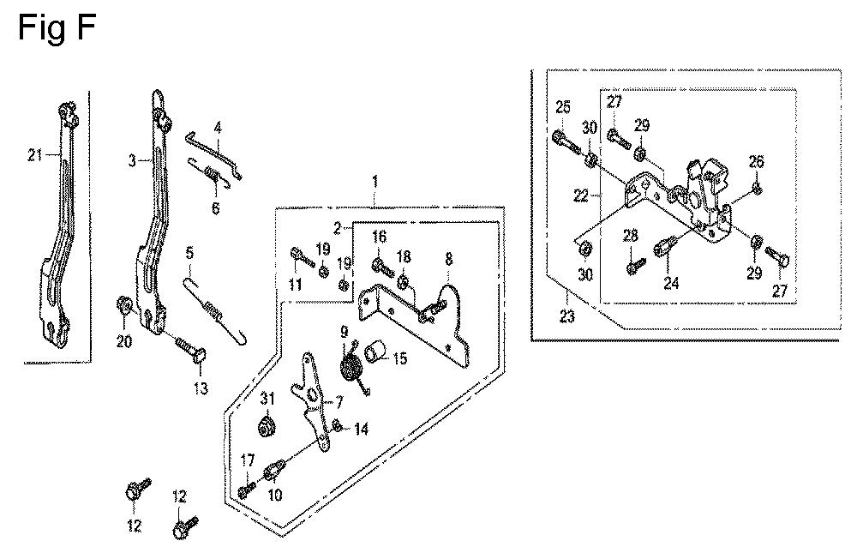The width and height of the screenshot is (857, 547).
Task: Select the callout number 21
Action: (34, 155)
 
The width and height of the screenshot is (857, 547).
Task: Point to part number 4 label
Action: (218, 128)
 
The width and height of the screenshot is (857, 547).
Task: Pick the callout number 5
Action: (190, 253)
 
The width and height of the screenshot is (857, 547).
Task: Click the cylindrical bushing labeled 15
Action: (375, 351)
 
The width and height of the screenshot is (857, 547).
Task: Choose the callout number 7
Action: (327, 402)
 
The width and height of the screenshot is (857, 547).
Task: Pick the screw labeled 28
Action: (632, 267)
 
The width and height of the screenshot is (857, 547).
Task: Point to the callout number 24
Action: (671, 284)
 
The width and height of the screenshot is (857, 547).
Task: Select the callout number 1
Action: (375, 182)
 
